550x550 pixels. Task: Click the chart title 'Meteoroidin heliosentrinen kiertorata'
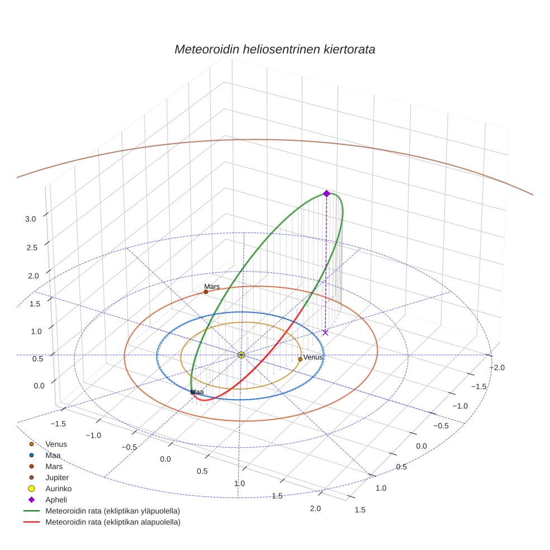[x=274, y=49]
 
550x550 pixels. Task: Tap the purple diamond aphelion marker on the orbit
[x=326, y=193]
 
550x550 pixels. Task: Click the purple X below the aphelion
[x=325, y=333]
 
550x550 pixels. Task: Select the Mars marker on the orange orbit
[x=206, y=292]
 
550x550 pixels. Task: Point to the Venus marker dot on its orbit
[x=300, y=359]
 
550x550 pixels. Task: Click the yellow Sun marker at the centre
[x=241, y=355]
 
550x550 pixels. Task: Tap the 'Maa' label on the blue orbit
[x=197, y=392]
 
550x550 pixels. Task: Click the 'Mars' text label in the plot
[x=212, y=286]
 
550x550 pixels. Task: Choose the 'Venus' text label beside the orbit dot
[x=312, y=357]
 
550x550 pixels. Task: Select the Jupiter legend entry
[x=57, y=477]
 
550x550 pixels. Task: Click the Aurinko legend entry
[x=58, y=489]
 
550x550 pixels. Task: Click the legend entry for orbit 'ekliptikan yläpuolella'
[x=112, y=511]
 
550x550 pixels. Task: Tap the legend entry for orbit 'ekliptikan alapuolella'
[x=112, y=522]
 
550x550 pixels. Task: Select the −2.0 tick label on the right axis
[x=497, y=367]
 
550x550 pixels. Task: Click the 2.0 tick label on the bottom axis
[x=315, y=508]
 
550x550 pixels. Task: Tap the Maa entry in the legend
[x=53, y=455]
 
